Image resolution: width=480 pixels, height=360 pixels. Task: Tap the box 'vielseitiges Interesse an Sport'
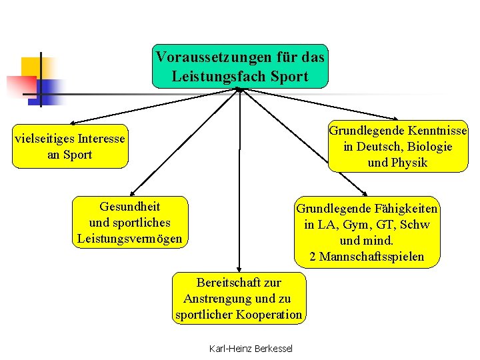coord(70,147)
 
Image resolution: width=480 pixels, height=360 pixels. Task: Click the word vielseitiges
coord(46,139)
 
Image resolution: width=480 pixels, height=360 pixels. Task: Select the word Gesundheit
coord(129,205)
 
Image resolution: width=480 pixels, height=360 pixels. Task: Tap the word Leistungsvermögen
coord(129,238)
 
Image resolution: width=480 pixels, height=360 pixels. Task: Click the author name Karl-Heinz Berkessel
coord(251,349)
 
